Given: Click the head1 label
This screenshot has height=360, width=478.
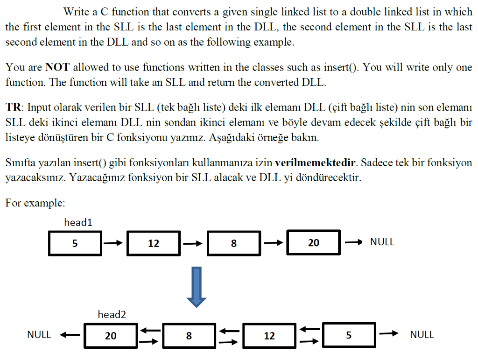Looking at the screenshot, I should pyautogui.click(x=78, y=222).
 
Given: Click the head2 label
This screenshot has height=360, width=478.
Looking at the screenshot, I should pyautogui.click(x=112, y=315).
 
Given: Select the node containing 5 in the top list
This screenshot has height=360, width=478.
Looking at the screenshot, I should pyautogui.click(x=75, y=243).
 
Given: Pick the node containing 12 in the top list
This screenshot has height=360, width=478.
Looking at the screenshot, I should pyautogui.click(x=154, y=243).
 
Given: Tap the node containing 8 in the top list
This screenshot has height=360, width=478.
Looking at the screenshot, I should pyautogui.click(x=233, y=243).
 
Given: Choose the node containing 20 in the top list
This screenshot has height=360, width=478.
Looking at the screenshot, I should pyautogui.click(x=313, y=242).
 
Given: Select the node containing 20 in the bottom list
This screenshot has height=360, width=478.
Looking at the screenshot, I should pyautogui.click(x=111, y=335).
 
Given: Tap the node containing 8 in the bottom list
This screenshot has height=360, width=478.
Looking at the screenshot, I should pyautogui.click(x=189, y=335).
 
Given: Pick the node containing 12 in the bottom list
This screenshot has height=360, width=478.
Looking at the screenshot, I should pyautogui.click(x=269, y=335).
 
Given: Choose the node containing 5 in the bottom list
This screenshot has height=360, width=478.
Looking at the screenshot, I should pyautogui.click(x=349, y=335).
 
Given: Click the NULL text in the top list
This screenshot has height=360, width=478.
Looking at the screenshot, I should pyautogui.click(x=382, y=242).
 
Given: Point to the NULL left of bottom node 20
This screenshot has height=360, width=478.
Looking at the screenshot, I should pyautogui.click(x=39, y=334).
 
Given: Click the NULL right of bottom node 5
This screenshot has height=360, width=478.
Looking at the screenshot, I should pyautogui.click(x=422, y=334).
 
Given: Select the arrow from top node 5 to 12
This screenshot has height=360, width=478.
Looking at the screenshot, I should pyautogui.click(x=113, y=243).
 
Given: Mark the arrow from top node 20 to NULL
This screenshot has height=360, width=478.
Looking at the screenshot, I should pyautogui.click(x=353, y=242).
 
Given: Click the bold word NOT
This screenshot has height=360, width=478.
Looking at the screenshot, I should pyautogui.click(x=57, y=67).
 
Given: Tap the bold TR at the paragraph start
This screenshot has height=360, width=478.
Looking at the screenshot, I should pyautogui.click(x=13, y=107).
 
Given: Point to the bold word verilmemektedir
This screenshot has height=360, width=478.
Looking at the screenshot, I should pyautogui.click(x=316, y=163).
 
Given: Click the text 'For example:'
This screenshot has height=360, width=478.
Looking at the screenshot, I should pyautogui.click(x=35, y=203).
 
